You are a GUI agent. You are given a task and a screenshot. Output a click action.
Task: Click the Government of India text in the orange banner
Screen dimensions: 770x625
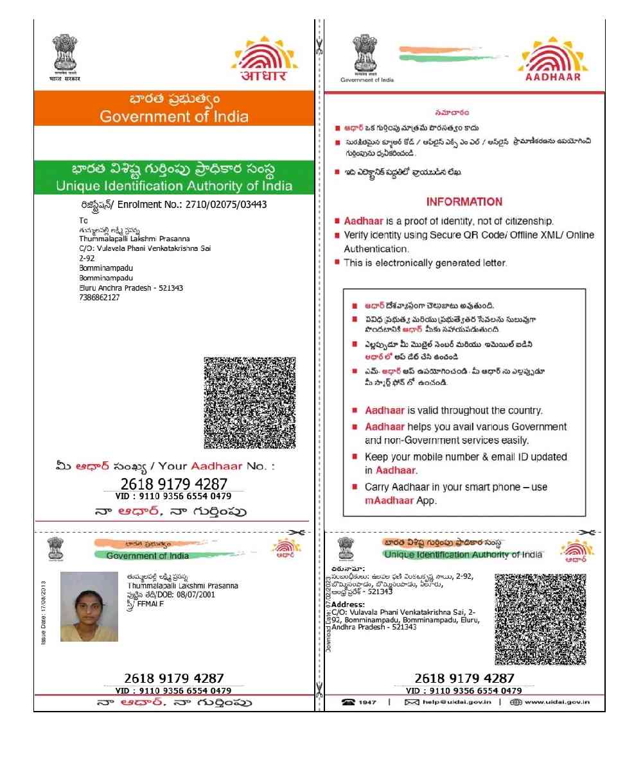pyautogui.click(x=173, y=117)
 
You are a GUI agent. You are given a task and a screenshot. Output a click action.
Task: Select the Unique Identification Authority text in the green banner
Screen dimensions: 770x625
pyautogui.click(x=173, y=186)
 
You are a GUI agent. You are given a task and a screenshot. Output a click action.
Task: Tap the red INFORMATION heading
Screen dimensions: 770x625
pyautogui.click(x=464, y=201)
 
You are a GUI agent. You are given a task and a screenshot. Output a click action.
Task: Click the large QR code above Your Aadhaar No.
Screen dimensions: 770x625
pyautogui.click(x=249, y=402)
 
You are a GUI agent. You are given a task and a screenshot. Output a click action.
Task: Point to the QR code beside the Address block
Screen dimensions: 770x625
pyautogui.click(x=540, y=619)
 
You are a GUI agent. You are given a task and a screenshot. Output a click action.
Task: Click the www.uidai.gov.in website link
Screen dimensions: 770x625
pyautogui.click(x=556, y=702)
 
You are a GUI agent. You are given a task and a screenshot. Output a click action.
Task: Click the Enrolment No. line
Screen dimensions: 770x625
pyautogui.click(x=170, y=205)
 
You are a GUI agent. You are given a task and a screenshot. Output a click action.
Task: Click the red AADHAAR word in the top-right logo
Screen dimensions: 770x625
pyautogui.click(x=552, y=76)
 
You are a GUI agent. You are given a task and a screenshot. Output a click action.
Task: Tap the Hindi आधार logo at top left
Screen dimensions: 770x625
pyautogui.click(x=263, y=75)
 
